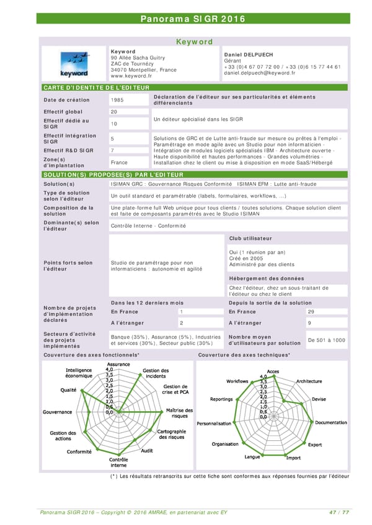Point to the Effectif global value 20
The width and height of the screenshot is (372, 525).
[113, 111]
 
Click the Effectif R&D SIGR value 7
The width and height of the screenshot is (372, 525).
[112, 150]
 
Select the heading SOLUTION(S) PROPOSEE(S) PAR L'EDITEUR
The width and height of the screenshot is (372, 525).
[112, 175]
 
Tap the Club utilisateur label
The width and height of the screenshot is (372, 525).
[250, 238]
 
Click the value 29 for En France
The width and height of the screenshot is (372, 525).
[311, 311]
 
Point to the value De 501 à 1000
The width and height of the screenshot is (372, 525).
[327, 339]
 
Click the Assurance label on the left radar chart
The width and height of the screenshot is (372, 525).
[118, 364]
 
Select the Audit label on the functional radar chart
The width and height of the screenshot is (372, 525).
[147, 451]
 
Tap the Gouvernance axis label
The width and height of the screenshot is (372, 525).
[57, 412]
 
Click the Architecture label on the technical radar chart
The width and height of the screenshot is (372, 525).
[309, 381]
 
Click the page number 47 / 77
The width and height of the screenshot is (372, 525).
[339, 511]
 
